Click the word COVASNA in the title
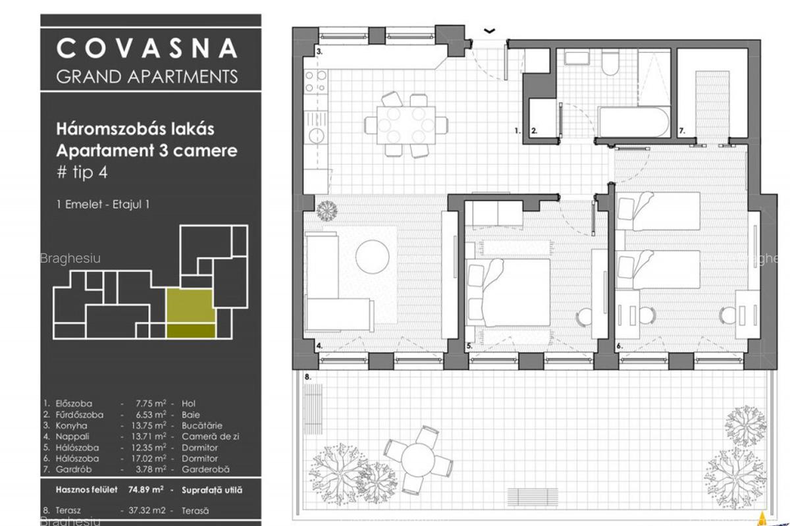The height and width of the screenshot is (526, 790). click(147, 48)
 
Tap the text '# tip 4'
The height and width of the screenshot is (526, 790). click(82, 173)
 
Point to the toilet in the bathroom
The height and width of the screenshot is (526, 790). click(609, 64)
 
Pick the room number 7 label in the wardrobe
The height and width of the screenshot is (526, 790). click(683, 131)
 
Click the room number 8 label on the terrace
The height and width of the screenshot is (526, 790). click(307, 377)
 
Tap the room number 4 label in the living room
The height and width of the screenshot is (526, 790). click(319, 345)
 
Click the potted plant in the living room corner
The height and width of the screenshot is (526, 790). click(327, 210)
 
